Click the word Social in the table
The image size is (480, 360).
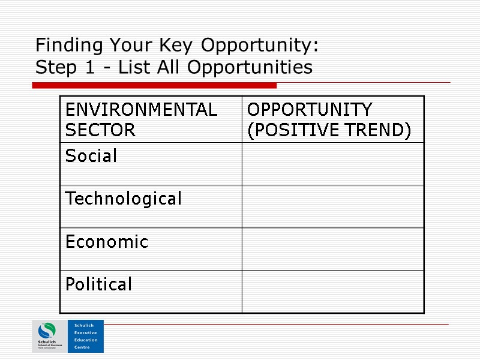coord(91,157)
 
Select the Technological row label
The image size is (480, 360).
coord(123,199)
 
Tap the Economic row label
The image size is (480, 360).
coord(107,242)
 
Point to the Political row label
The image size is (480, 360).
coord(98,284)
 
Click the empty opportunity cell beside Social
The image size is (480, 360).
coord(332,163)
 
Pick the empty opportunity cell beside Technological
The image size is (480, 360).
coord(332,206)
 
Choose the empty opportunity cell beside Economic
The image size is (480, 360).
coord(332,248)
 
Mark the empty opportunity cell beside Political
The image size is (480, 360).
coord(332,291)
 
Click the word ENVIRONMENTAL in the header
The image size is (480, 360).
coord(141,110)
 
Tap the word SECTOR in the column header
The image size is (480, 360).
coord(100,130)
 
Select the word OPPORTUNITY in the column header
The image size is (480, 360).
coord(310,110)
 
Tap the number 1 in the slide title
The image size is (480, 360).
coord(88,68)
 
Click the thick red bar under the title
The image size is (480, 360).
coord(154,86)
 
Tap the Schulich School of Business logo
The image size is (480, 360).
coord(49,336)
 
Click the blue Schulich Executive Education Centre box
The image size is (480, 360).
coord(85,336)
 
